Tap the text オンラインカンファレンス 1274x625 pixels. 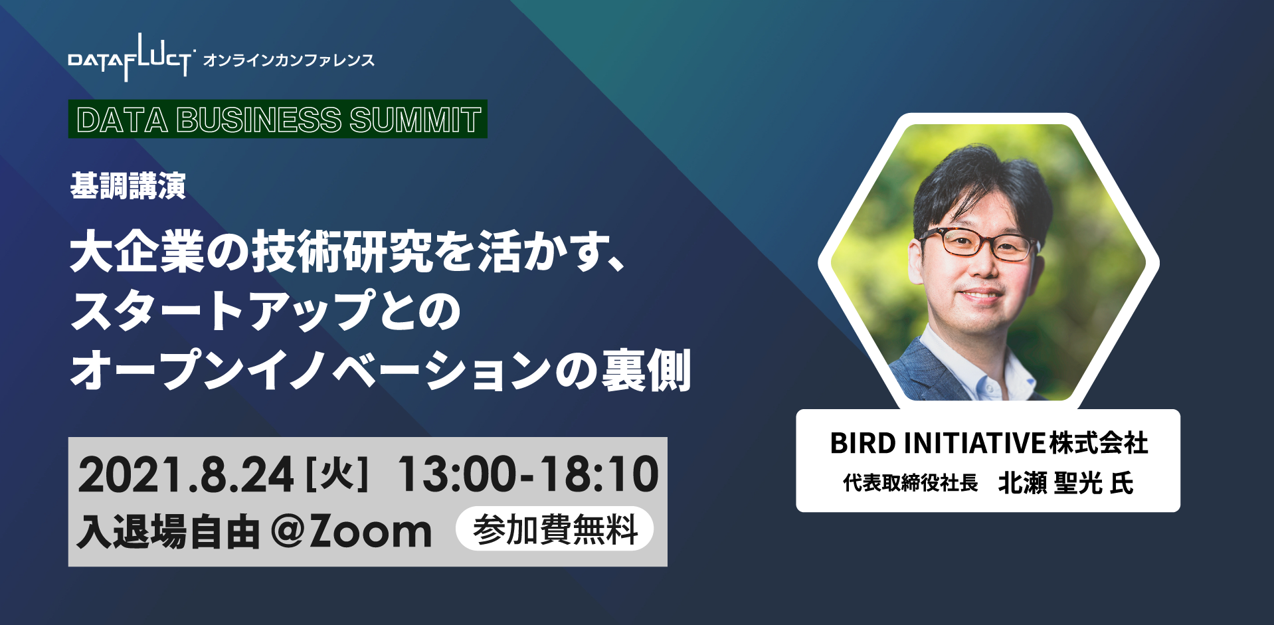coord(289,60)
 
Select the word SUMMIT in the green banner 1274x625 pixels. coord(415,120)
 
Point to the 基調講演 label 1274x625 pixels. coord(128,185)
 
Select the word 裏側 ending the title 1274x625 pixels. coord(646,370)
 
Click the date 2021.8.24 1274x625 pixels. coord(186,474)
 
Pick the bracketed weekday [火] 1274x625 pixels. coord(336,474)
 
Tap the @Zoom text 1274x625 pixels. coord(351,531)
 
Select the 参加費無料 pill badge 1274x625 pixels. coord(555,529)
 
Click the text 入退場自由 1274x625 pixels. coord(168,532)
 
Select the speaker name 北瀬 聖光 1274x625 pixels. coord(1050,483)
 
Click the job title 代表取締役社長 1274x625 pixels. coord(911,483)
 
